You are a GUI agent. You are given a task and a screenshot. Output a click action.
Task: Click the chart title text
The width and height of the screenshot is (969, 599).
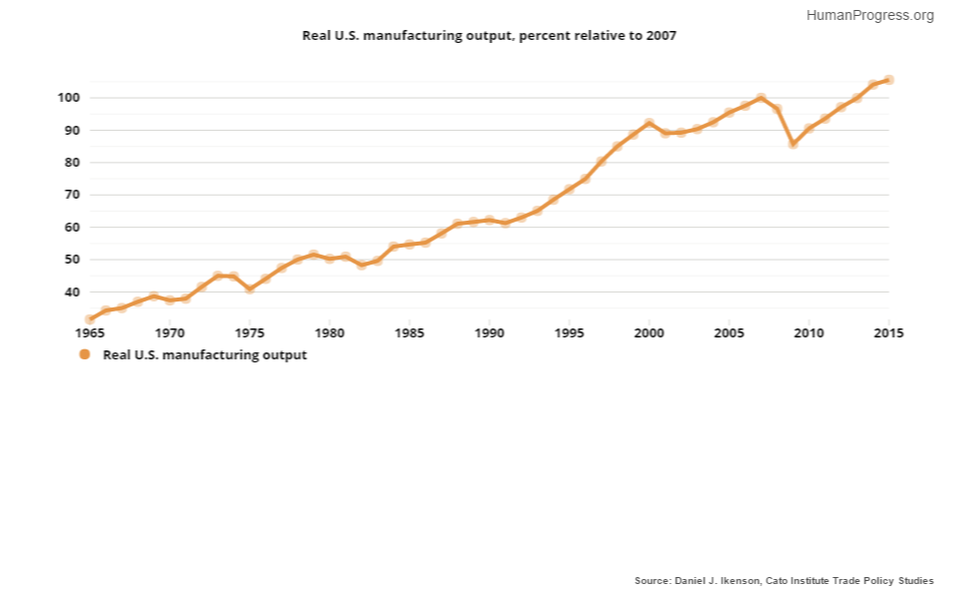click(x=489, y=36)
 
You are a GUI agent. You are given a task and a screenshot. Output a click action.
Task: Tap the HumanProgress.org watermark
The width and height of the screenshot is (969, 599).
click(x=869, y=15)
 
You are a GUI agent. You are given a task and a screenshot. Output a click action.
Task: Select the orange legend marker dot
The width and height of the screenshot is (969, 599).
click(x=85, y=354)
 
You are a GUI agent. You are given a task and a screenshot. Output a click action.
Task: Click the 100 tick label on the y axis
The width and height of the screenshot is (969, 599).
click(x=69, y=98)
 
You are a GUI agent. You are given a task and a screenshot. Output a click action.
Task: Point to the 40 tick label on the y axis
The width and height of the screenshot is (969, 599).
click(x=72, y=293)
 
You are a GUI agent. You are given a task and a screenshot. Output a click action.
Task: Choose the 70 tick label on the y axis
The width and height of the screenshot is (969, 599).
click(x=72, y=195)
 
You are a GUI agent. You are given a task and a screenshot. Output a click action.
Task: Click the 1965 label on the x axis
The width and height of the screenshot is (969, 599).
click(x=90, y=333)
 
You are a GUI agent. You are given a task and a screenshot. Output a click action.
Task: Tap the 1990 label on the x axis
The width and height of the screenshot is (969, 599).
click(x=489, y=333)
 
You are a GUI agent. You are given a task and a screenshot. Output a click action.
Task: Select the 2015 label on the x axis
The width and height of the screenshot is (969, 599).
click(x=888, y=333)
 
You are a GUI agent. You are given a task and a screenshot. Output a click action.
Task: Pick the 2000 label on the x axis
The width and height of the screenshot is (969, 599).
click(x=649, y=333)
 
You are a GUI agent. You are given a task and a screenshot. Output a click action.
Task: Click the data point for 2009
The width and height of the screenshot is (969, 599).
click(x=793, y=144)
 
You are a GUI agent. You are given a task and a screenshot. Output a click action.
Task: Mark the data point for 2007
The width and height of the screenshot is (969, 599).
click(x=761, y=99)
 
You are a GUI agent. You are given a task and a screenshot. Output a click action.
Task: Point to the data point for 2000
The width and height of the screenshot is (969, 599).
click(x=649, y=124)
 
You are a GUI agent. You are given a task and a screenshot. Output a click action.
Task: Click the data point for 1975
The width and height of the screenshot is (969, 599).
click(x=250, y=289)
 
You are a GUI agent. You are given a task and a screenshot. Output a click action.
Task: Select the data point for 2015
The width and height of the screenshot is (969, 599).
click(x=888, y=80)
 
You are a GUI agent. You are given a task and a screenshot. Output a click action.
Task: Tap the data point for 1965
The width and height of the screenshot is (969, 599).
click(x=90, y=319)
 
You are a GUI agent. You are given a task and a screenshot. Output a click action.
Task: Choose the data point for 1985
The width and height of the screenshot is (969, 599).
click(x=410, y=244)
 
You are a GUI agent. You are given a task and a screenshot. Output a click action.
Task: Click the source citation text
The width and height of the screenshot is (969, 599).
click(x=784, y=580)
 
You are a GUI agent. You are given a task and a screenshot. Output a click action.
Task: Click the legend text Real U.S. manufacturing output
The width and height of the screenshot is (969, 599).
click(x=205, y=354)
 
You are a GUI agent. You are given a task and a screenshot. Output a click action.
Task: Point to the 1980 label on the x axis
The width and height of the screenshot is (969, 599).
click(x=330, y=333)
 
